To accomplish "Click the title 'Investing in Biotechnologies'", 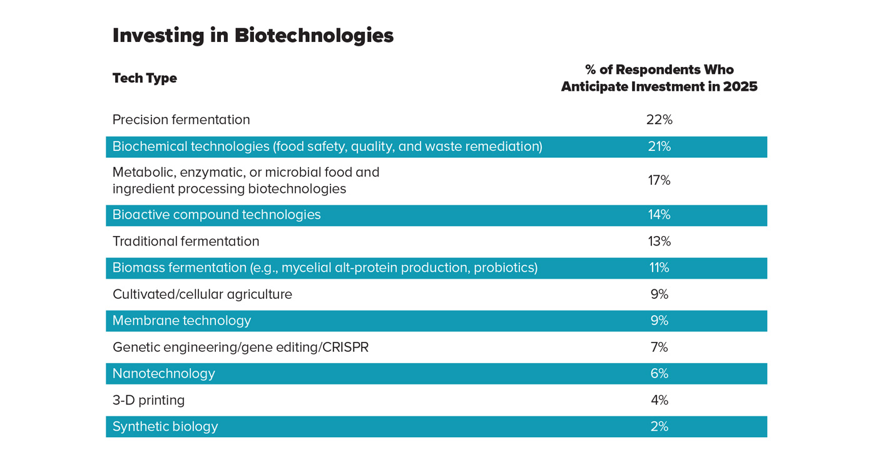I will (x=253, y=36).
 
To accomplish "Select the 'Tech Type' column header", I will (x=145, y=78).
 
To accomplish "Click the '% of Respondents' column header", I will (x=659, y=78).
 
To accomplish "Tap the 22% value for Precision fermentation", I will (x=659, y=120).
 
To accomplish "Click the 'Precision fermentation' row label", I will (x=181, y=120).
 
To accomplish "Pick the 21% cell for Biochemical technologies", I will (x=659, y=147).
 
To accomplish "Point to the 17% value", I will (x=659, y=180).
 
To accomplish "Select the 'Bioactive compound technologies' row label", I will (x=216, y=215).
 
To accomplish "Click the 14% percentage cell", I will (x=659, y=215).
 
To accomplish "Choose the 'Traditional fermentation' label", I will (x=186, y=241).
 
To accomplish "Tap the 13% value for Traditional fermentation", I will (x=659, y=241).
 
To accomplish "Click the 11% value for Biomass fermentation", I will (x=659, y=268).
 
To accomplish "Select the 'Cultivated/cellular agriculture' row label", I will (x=202, y=294).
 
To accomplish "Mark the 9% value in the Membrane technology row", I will (x=659, y=321).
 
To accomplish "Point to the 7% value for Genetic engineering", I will (x=659, y=347).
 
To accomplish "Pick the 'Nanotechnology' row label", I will (x=164, y=374).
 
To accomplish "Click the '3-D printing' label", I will (x=149, y=400).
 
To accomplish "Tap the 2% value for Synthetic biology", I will (x=659, y=426).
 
